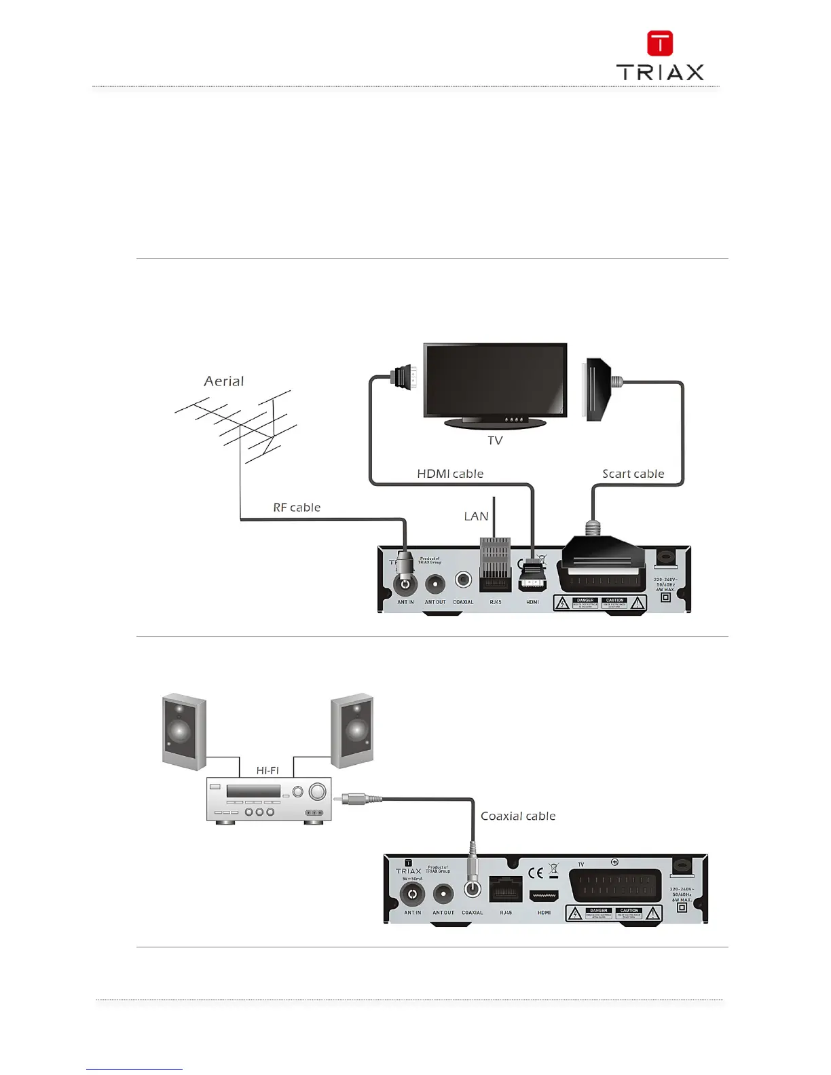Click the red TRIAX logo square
pos(659,43)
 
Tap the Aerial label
pos(223,381)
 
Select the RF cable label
pos(297,508)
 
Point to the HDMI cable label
pos(450,474)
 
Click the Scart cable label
pos(633,474)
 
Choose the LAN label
pos(476,516)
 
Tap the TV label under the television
pos(495,440)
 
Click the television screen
pos(495,379)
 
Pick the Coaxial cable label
pos(518,816)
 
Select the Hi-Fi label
pos(267,770)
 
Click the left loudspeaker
pos(183,732)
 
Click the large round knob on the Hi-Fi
pos(316,792)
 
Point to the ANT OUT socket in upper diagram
pos(435,584)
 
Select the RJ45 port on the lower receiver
pos(506,890)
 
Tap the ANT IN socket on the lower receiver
pos(412,894)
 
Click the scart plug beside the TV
pos(595,390)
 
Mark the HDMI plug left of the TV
pos(403,377)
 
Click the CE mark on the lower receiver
pos(536,873)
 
